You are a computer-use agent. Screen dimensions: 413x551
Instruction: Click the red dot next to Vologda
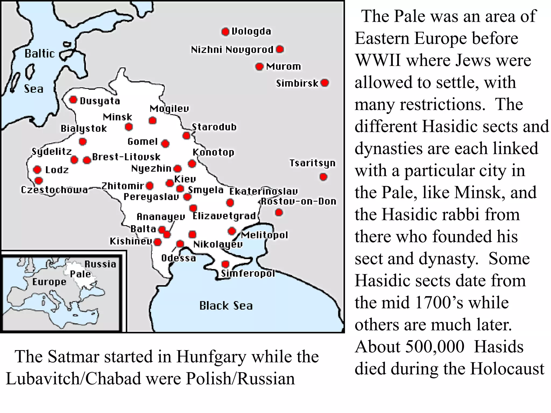(x=225, y=32)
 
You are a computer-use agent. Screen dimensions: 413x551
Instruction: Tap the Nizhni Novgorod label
(x=232, y=50)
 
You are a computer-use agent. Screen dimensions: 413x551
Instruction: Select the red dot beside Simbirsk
(x=325, y=83)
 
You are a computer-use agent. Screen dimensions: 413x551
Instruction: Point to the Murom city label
(x=283, y=67)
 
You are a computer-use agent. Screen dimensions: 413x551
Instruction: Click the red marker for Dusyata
(x=73, y=100)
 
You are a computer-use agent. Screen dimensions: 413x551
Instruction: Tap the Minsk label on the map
(x=118, y=117)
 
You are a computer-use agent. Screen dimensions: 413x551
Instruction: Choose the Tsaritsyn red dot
(x=323, y=177)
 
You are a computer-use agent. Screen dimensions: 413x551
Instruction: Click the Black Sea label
(x=226, y=306)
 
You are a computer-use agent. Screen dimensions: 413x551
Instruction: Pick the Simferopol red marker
(x=225, y=264)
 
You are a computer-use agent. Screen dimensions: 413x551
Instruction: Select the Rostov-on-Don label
(x=299, y=201)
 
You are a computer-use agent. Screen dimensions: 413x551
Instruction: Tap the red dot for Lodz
(x=37, y=170)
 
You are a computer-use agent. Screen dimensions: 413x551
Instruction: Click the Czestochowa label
(x=54, y=190)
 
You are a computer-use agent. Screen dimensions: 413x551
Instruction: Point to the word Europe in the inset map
(x=49, y=282)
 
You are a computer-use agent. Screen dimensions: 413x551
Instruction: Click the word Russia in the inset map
(x=100, y=264)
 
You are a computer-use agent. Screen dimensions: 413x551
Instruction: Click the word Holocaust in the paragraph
(x=507, y=369)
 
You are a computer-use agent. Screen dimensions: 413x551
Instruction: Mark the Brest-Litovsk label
(x=126, y=157)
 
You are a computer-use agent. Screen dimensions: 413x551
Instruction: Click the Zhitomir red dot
(x=150, y=186)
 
